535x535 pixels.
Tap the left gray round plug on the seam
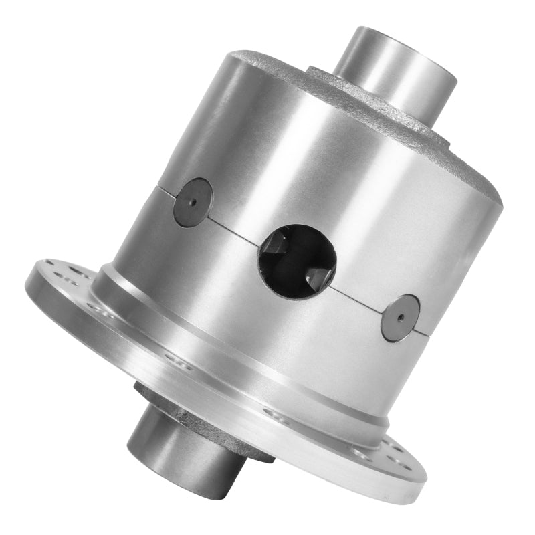[193, 202]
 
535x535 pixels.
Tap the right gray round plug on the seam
[400, 318]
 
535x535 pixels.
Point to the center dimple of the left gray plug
[193, 202]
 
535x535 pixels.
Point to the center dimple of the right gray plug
[400, 318]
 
